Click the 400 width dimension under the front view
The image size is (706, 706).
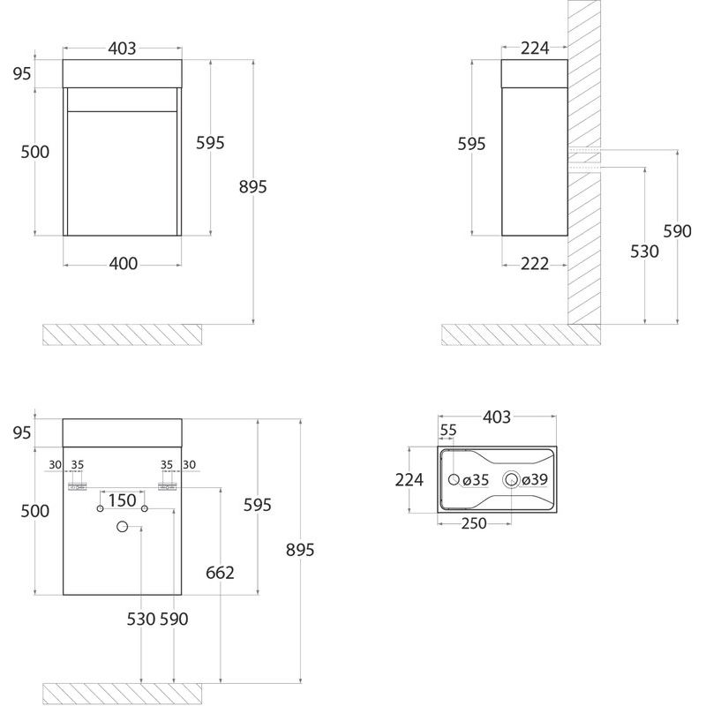click(123, 264)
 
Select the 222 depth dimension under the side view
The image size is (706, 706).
click(535, 264)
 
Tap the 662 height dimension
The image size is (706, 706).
click(220, 573)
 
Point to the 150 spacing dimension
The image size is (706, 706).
click(123, 500)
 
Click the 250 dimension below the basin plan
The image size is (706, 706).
click(474, 523)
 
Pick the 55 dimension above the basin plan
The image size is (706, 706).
click(448, 431)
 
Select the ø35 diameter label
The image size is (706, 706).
click(476, 480)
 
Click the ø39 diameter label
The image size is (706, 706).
click(535, 479)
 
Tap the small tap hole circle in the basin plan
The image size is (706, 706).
click(454, 479)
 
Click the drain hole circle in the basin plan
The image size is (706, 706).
click(511, 479)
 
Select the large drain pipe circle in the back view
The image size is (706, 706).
click(122, 526)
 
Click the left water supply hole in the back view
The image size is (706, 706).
click(100, 509)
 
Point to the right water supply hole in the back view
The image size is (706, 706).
click(145, 509)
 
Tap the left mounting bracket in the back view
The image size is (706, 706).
click(77, 487)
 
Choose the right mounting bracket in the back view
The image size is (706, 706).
click(167, 487)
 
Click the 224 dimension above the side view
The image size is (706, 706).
click(535, 49)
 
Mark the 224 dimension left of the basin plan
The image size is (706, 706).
click(409, 480)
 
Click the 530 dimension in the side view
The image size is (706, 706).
click(644, 252)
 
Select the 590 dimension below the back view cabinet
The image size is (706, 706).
click(174, 620)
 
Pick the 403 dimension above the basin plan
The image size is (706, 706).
click(497, 417)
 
